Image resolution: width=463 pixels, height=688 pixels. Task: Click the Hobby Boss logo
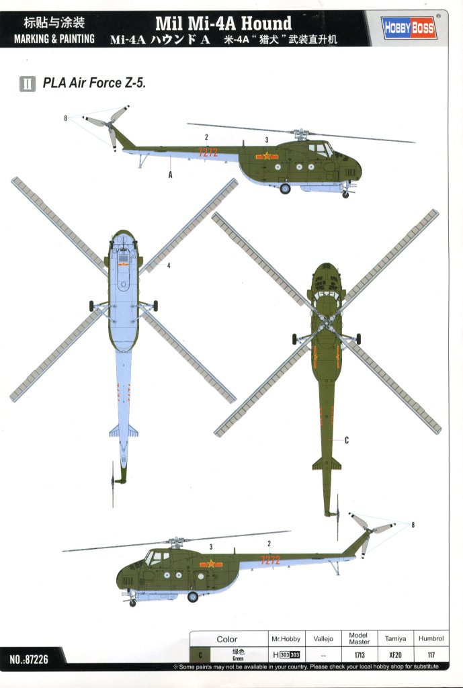[x=409, y=28]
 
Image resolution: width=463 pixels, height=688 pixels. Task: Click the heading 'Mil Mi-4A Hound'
[x=223, y=23]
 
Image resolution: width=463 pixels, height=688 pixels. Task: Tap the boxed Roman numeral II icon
[x=28, y=83]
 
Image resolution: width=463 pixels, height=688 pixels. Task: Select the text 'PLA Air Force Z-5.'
[x=94, y=83]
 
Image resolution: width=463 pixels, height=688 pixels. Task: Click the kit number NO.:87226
[x=29, y=659]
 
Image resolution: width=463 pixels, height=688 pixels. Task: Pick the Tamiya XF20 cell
[x=395, y=654]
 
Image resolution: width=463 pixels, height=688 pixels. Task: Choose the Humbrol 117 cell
[x=431, y=654]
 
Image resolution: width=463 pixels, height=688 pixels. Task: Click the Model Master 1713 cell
[x=359, y=654]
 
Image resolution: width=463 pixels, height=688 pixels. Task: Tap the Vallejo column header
[x=323, y=639]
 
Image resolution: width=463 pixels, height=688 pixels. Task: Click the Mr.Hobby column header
[x=286, y=639]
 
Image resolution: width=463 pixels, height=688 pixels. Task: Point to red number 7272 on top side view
[x=208, y=153]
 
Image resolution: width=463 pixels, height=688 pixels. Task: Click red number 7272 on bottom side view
[x=270, y=560]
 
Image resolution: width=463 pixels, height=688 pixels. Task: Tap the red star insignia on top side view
[x=267, y=156]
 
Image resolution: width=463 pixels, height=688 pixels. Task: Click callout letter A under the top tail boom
[x=170, y=175]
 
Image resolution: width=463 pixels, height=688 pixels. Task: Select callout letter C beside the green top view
[x=347, y=440]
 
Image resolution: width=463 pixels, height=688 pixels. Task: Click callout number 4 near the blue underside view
[x=169, y=265]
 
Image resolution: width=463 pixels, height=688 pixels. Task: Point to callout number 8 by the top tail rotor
[x=65, y=118]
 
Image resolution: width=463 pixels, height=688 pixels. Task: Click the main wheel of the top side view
[x=286, y=189]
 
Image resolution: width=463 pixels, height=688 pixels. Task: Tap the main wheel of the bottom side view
[x=193, y=597]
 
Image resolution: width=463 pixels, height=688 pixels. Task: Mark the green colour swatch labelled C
[x=200, y=654]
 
